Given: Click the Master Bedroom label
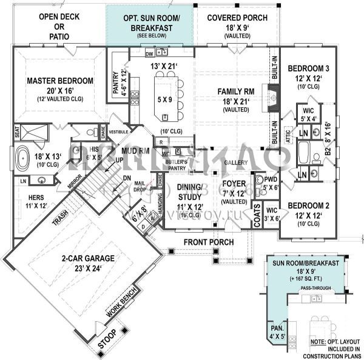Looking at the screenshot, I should click(x=60, y=81).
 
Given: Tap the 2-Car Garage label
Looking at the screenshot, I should click(x=88, y=258).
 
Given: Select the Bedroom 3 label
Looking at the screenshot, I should click(x=309, y=68).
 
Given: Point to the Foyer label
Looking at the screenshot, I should click(x=233, y=183).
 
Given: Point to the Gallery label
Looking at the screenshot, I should click(x=235, y=164).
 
